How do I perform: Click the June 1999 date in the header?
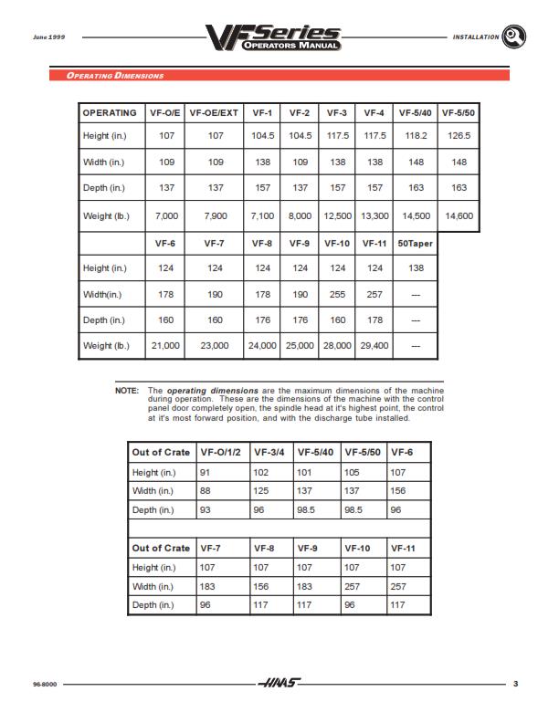49,37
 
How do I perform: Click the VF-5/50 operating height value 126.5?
459,136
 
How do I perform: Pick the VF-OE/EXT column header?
214,113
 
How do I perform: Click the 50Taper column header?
416,244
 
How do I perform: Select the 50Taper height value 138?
416,268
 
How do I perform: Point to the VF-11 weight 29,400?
374,346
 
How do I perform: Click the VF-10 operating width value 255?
337,295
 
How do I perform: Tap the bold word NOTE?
126,390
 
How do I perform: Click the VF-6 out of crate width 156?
400,491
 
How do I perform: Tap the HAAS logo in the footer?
279,683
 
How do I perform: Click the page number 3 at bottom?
515,683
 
